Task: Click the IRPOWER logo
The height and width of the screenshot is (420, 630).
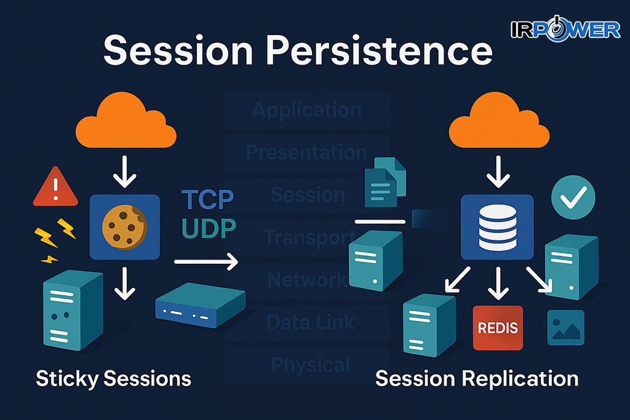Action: [565, 28]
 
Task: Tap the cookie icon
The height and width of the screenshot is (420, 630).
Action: [124, 224]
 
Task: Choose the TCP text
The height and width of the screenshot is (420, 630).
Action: [207, 200]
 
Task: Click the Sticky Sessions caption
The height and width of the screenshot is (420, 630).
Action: [113, 378]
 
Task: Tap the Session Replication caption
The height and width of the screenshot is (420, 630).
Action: [476, 378]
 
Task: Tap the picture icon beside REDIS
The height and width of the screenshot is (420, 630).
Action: [565, 328]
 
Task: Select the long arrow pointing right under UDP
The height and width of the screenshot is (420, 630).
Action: [206, 263]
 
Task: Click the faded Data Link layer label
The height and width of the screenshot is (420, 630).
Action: [310, 322]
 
